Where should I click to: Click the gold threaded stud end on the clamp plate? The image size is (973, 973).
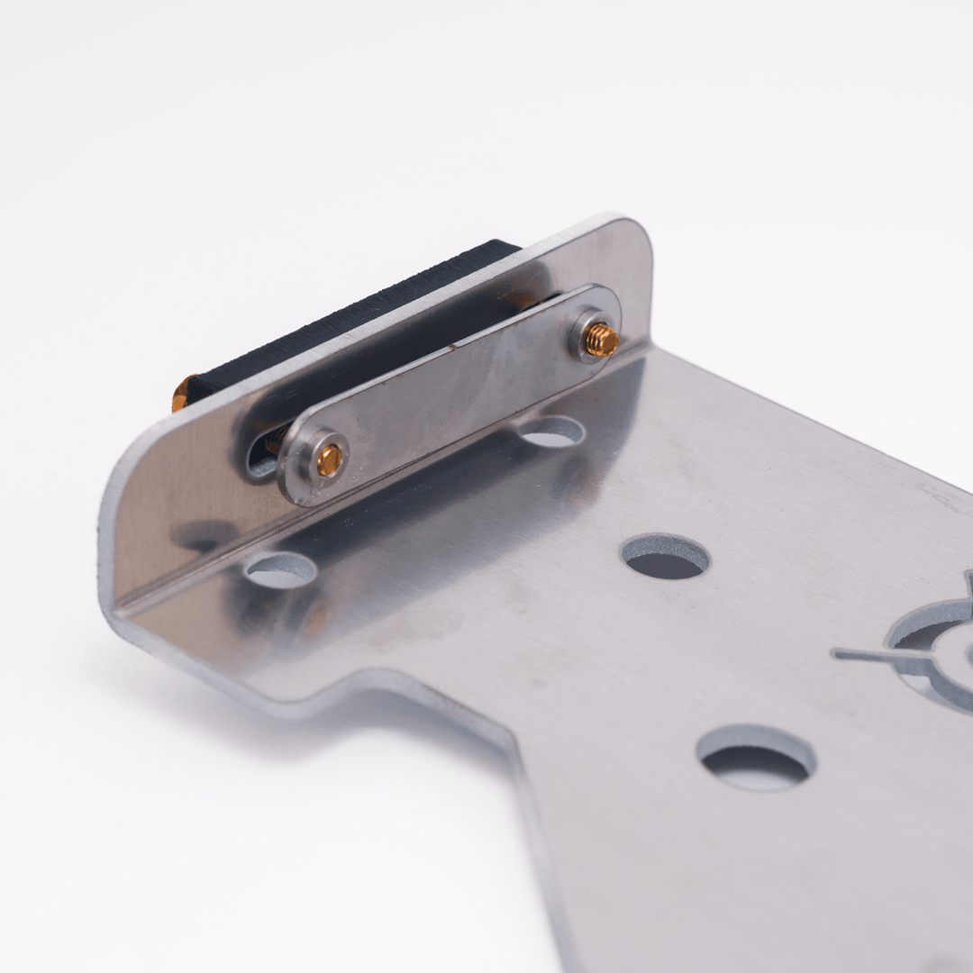[x=601, y=340]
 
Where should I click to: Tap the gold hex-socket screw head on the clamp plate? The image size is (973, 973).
[x=329, y=460]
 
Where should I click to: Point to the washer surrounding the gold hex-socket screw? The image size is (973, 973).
[x=317, y=459]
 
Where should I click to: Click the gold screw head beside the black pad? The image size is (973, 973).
[x=181, y=393]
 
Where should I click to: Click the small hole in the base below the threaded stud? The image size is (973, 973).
[x=551, y=432]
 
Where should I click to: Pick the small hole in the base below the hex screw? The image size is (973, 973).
[x=280, y=570]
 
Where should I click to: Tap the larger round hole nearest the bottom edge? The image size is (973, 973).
[x=756, y=759]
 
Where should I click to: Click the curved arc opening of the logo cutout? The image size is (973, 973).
[x=928, y=631]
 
